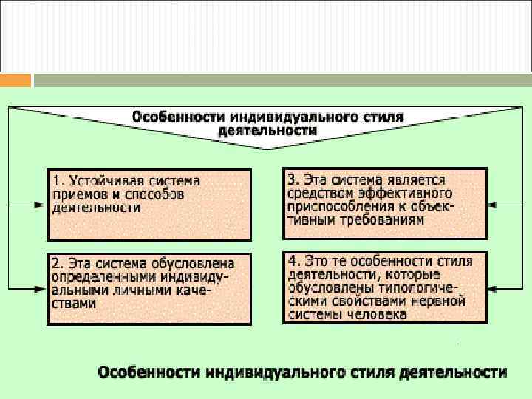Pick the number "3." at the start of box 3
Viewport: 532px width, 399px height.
tap(293, 180)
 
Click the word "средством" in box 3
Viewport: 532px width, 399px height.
tap(316, 193)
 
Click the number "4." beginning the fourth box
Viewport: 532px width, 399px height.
tap(293, 261)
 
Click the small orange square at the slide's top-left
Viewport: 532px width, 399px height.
tap(16, 80)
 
